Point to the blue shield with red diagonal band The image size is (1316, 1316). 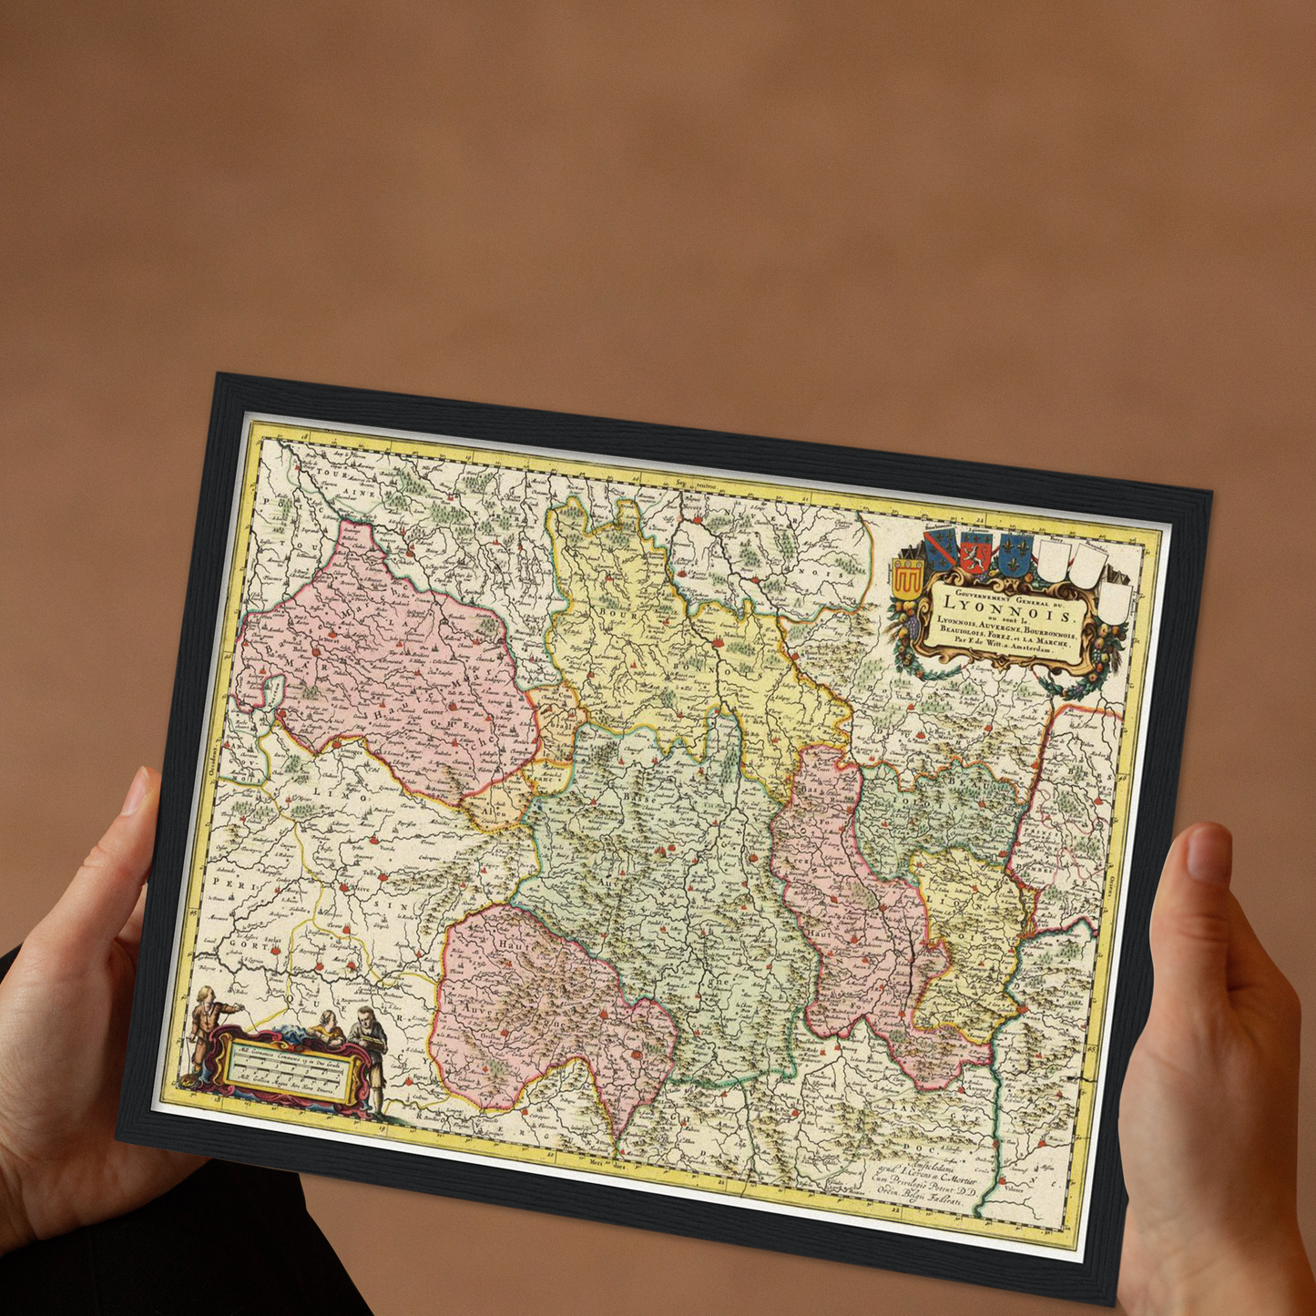(x=939, y=549)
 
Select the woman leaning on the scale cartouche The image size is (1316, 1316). (x=322, y=1029)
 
